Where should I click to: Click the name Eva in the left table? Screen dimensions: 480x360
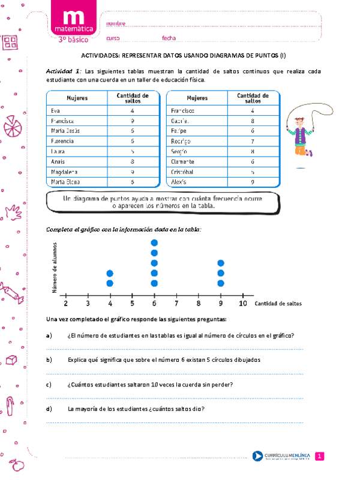[x=56, y=111]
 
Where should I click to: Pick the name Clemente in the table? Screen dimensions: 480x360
[x=182, y=161]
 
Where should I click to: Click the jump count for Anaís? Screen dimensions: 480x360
[x=132, y=161]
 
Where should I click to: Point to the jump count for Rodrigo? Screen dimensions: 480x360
[x=253, y=141]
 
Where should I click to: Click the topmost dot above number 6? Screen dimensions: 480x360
[x=154, y=243]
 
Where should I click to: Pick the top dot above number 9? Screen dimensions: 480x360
[x=221, y=263]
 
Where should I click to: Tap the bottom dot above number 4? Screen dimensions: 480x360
[x=110, y=283]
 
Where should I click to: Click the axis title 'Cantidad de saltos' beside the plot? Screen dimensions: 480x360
[x=278, y=304]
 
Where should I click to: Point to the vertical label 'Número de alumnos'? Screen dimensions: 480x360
[x=55, y=268]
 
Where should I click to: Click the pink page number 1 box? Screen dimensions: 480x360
[x=320, y=457]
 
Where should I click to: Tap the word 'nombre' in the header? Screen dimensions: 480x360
[x=116, y=23]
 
